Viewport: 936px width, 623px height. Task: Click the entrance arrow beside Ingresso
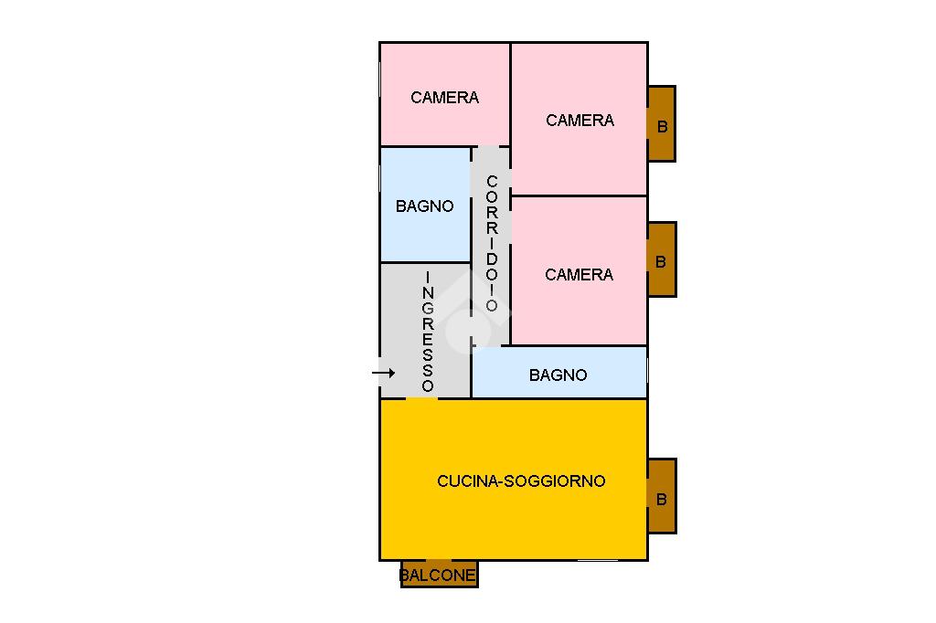coord(383,373)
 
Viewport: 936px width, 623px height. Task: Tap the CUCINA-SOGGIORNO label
coord(521,480)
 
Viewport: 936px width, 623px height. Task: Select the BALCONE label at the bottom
coord(438,575)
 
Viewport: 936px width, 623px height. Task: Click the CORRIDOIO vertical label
coord(492,243)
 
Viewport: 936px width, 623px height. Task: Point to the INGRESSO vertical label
coord(428,331)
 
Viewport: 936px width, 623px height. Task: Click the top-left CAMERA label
coord(444,98)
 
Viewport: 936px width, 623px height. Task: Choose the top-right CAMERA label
coord(580,120)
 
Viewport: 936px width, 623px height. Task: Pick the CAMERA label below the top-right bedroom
coord(579,274)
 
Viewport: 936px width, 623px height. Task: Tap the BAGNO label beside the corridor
coord(424,206)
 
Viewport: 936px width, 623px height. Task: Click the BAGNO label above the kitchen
coord(558,375)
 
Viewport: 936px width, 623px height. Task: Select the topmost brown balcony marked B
coord(662,124)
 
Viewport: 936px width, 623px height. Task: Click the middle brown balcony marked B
coord(662,259)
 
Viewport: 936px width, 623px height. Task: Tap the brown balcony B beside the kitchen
coord(662,497)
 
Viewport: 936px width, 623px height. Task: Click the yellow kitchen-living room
coord(512,521)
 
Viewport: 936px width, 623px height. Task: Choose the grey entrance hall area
coord(402,311)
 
